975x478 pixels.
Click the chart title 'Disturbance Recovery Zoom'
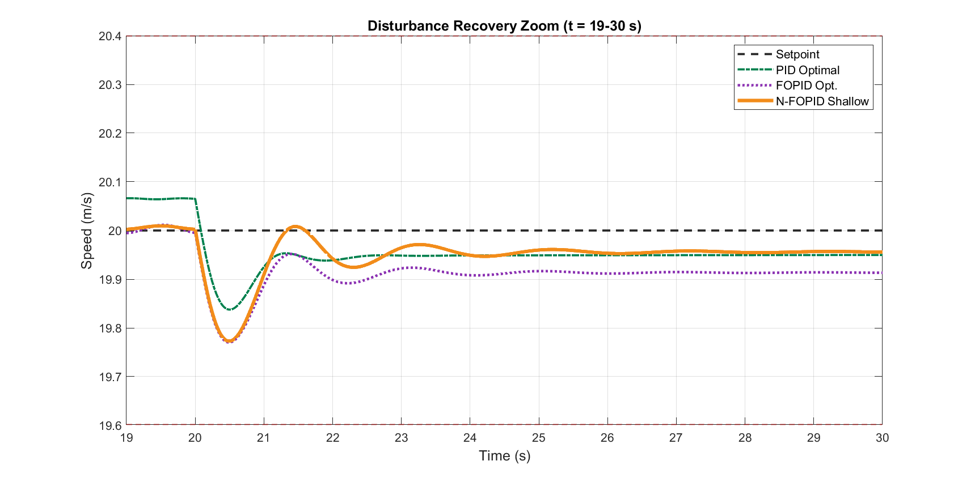tap(463, 26)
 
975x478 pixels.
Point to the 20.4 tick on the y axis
tap(110, 36)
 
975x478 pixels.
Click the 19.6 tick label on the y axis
tap(110, 425)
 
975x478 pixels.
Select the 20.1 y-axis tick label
tap(110, 182)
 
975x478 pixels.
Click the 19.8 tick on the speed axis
tap(110, 328)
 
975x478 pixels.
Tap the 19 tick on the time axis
tap(126, 438)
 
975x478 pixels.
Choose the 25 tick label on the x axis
tap(539, 438)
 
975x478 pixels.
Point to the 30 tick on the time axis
tap(882, 438)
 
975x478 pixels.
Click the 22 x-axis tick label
tap(332, 438)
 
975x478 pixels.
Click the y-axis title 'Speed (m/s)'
tap(86, 231)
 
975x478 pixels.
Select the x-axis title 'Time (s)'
tap(504, 456)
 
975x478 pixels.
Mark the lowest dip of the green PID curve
tap(229, 310)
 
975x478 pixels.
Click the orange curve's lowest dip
tap(229, 341)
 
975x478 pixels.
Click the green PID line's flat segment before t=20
tap(161, 199)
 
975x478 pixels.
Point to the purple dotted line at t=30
tap(881, 273)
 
